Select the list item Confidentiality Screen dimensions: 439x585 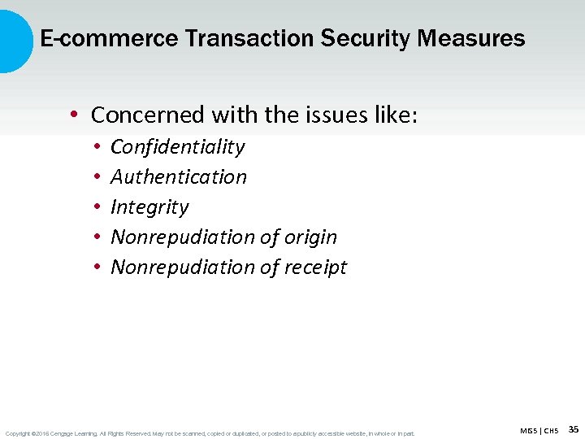tap(177, 147)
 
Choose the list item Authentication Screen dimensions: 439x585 tap(179, 177)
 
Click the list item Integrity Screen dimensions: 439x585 tap(149, 207)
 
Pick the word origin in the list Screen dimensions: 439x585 tap(310, 237)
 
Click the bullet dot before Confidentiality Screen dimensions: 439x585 tap(96, 147)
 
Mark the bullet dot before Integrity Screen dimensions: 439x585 tap(96, 207)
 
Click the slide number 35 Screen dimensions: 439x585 tap(574, 429)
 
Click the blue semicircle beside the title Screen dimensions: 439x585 tap(15, 38)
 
